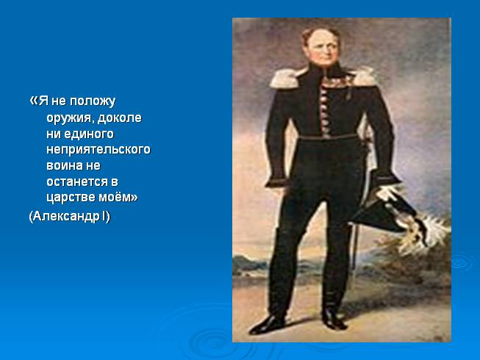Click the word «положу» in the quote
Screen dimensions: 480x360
click(x=93, y=101)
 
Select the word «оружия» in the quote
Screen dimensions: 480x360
click(x=68, y=118)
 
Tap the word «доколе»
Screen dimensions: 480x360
click(x=120, y=118)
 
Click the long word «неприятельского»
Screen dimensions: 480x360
click(x=98, y=150)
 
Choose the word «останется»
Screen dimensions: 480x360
click(x=77, y=181)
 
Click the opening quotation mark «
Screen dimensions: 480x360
click(x=34, y=101)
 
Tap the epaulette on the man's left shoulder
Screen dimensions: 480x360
click(x=363, y=76)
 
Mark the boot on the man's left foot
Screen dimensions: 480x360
click(x=334, y=318)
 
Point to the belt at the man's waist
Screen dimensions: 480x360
click(x=328, y=137)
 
